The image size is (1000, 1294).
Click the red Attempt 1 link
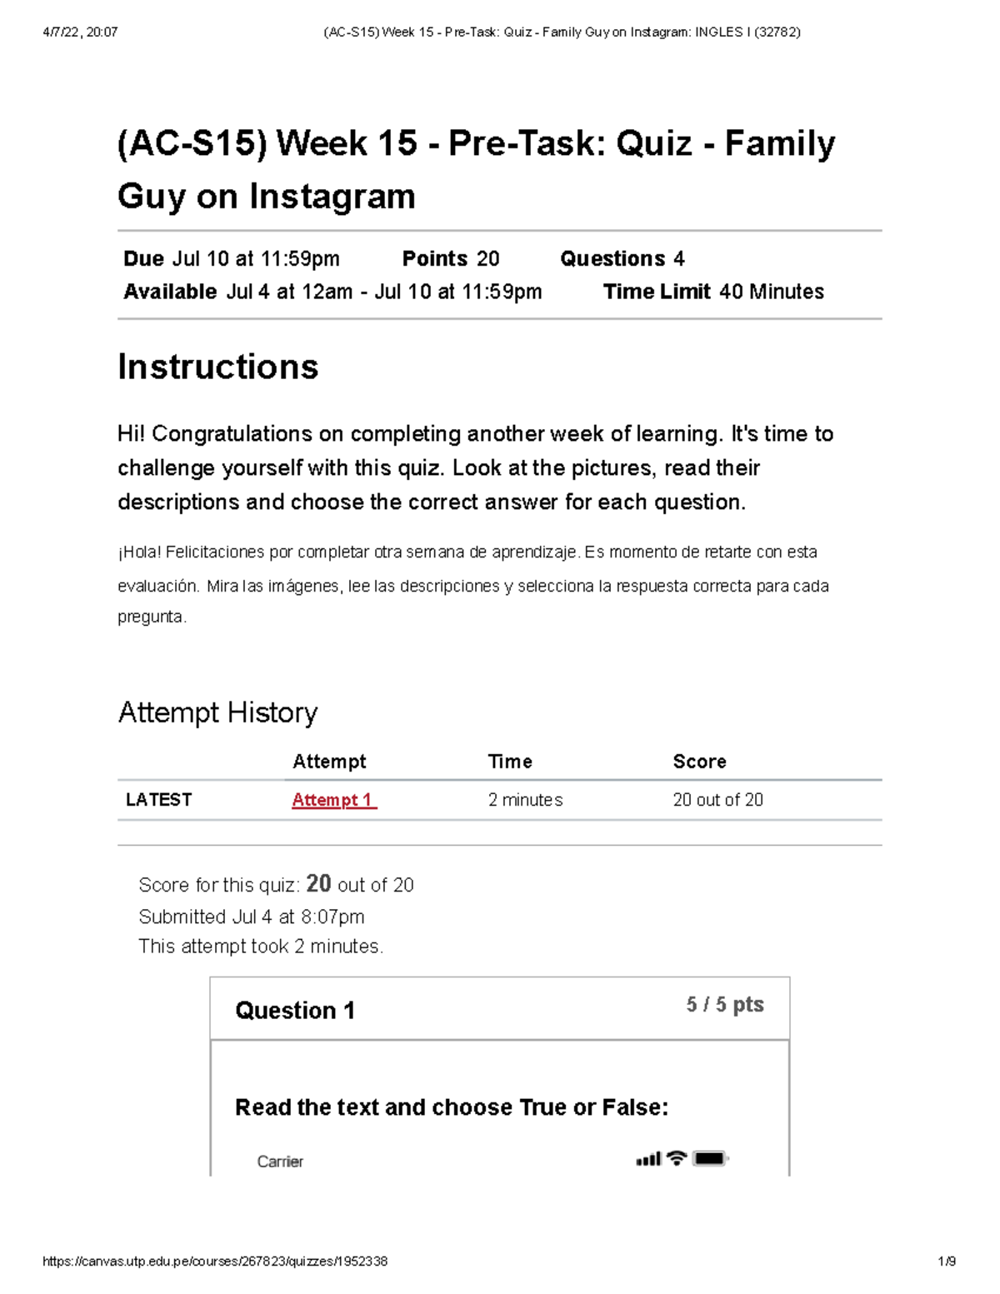[x=333, y=800]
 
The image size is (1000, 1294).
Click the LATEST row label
[x=158, y=800]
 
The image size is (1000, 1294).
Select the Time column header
[x=510, y=762]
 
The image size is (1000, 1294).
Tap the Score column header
[x=699, y=762]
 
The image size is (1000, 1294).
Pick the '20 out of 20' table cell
[x=717, y=800]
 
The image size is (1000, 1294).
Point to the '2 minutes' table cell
[x=525, y=800]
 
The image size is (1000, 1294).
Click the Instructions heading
[x=218, y=367]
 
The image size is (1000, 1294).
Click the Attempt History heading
[x=217, y=712]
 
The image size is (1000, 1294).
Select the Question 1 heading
[x=295, y=1011]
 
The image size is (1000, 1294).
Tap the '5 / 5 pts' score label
[x=724, y=1005]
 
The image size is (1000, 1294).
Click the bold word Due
[x=143, y=259]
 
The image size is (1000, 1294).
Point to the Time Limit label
[x=657, y=292]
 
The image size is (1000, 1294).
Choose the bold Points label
[x=434, y=259]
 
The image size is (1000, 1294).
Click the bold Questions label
[x=612, y=259]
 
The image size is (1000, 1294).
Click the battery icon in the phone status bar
[x=710, y=1159]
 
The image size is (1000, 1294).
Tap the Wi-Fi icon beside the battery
[x=677, y=1158]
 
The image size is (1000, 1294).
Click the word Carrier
[x=280, y=1162]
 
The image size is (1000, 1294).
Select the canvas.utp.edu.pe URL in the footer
[x=215, y=1262]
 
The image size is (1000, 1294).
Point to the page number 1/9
[x=947, y=1262]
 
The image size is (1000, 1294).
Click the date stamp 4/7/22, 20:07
[x=80, y=32]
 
